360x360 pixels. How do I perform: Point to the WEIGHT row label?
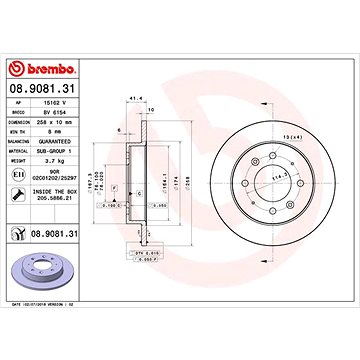18,159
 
